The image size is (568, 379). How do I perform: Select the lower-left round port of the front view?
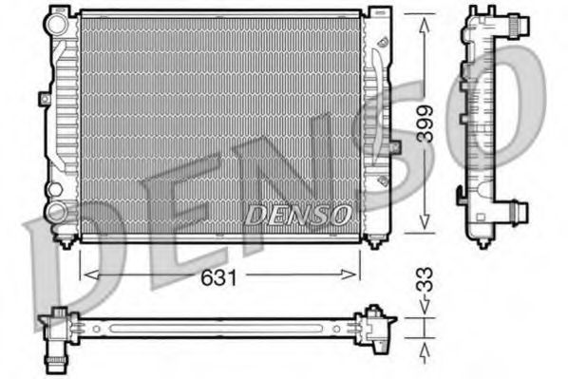coord(59,213)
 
